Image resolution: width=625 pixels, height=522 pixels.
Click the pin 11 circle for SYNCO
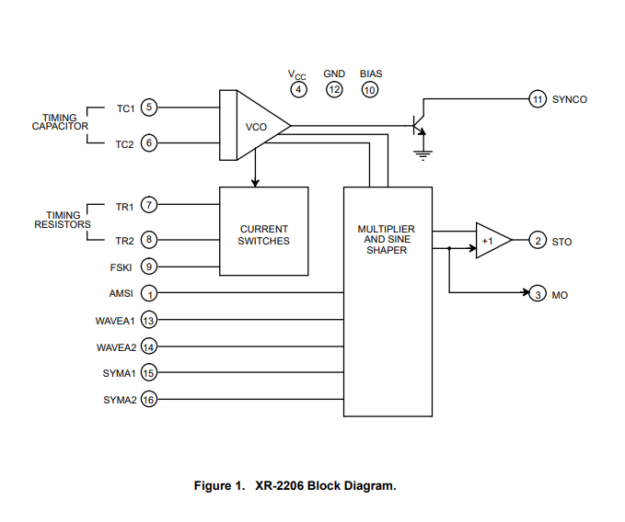point(538,98)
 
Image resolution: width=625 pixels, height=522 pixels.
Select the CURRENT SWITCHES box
point(263,235)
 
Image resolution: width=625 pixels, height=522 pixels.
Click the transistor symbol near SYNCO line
point(420,121)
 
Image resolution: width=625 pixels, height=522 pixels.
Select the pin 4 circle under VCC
point(298,89)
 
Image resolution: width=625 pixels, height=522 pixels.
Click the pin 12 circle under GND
point(334,89)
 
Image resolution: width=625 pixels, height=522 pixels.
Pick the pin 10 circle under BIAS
point(370,89)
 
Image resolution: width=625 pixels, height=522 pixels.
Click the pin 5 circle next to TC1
point(150,108)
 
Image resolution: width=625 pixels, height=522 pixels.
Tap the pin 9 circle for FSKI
point(150,267)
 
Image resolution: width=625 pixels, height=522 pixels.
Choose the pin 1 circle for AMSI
point(150,294)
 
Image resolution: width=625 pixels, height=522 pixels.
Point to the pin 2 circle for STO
point(538,242)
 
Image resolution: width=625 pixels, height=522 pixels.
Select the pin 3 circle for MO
point(538,294)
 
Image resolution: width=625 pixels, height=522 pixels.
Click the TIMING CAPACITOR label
point(60,122)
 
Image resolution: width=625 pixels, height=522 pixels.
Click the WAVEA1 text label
point(116,321)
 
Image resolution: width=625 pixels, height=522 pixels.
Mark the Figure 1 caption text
point(295,485)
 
